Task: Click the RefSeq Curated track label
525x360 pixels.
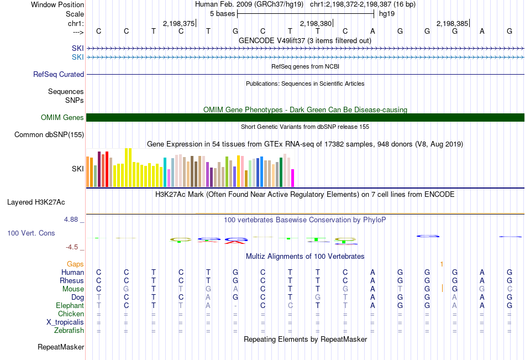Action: (x=59, y=75)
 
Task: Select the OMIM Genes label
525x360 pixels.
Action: (x=62, y=117)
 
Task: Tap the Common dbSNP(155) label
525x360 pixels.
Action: (x=49, y=135)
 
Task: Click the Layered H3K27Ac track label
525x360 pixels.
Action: (x=36, y=202)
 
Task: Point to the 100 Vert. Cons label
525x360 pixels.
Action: (x=31, y=233)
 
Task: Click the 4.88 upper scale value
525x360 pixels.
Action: (x=71, y=220)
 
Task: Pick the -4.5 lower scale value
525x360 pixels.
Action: (x=72, y=247)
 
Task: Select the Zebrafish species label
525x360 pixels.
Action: (x=69, y=331)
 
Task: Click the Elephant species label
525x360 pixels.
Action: (x=70, y=306)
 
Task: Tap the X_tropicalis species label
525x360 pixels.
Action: (x=65, y=322)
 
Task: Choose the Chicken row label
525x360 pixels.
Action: (x=71, y=314)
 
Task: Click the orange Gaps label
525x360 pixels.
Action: (x=75, y=264)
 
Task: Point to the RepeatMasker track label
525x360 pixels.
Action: (x=61, y=347)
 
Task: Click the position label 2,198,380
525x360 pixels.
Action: (x=316, y=23)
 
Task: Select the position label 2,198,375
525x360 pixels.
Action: (x=179, y=23)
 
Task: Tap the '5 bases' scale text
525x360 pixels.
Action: (x=223, y=14)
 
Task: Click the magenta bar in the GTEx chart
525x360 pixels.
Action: (x=293, y=178)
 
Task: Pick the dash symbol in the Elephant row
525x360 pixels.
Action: (x=235, y=306)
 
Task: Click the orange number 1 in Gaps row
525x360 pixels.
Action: (x=442, y=264)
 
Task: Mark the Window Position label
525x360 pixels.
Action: (x=57, y=4)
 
